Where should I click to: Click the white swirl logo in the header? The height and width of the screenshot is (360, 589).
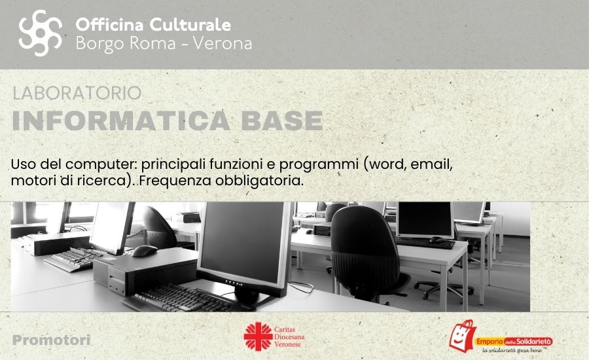click(x=40, y=33)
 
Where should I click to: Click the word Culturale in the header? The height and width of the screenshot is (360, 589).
click(x=190, y=25)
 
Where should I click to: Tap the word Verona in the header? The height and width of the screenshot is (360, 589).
click(x=223, y=44)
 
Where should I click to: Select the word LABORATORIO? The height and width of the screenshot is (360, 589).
click(x=77, y=93)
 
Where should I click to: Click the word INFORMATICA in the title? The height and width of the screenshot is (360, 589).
click(x=120, y=120)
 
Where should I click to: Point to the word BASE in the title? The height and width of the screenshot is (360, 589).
click(x=282, y=120)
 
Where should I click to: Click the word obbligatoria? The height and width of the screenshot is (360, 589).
click(x=259, y=181)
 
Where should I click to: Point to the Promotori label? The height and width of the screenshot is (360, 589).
click(x=52, y=340)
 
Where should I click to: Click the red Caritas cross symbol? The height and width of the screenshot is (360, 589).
click(x=258, y=336)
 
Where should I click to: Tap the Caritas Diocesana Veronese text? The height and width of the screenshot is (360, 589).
click(x=289, y=336)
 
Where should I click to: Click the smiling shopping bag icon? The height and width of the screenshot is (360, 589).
click(x=463, y=336)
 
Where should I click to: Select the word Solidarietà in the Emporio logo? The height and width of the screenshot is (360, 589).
click(x=534, y=342)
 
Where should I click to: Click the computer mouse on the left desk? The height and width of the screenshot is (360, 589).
click(x=144, y=251)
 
